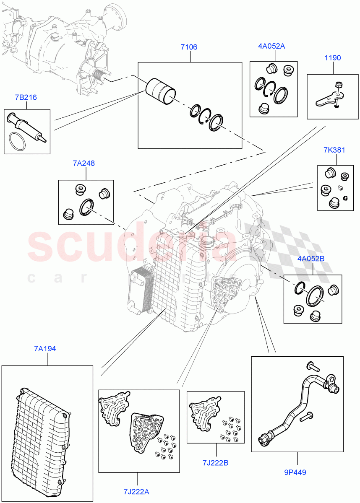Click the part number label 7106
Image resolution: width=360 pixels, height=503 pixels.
[x=189, y=48]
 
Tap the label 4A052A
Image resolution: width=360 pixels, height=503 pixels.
[x=271, y=46]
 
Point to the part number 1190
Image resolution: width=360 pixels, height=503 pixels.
[x=332, y=58]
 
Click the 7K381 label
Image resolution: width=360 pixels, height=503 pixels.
[x=334, y=150]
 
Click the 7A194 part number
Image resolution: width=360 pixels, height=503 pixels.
[x=46, y=348]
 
